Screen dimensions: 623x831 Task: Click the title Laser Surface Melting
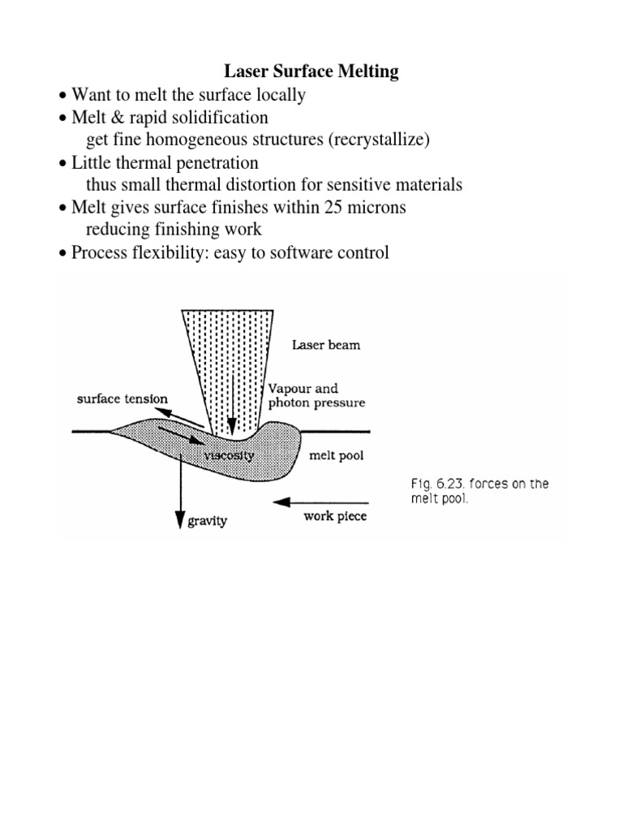[x=311, y=72]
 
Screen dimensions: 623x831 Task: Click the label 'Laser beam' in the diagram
[x=326, y=345]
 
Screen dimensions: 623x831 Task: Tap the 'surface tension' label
[x=122, y=398]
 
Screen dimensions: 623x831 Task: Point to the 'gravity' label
[x=208, y=520]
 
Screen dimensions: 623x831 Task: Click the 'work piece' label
[x=335, y=516]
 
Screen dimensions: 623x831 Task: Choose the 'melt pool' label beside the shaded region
[x=337, y=456]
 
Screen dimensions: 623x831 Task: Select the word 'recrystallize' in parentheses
[x=378, y=140]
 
